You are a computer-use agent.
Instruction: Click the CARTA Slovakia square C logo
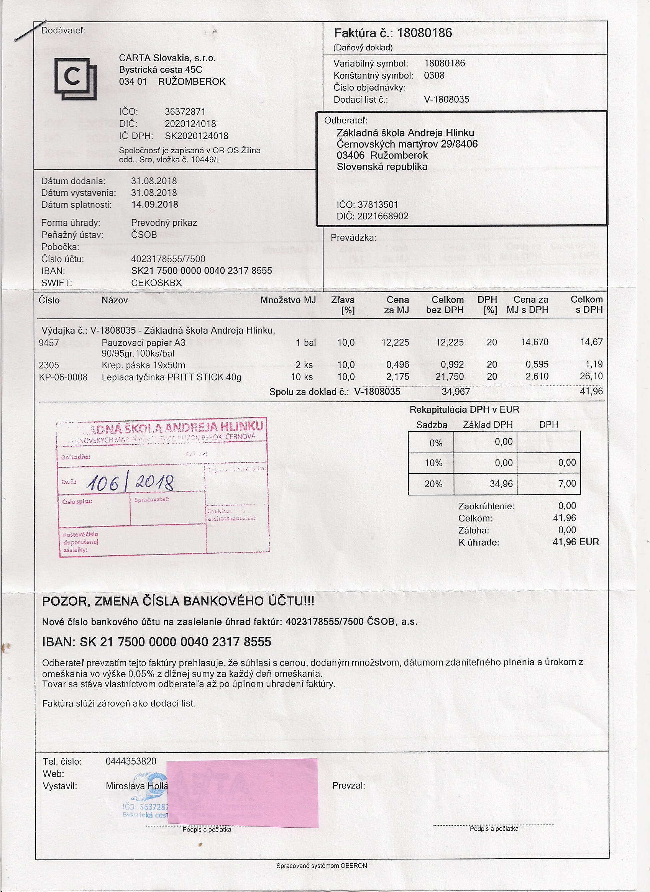(75, 79)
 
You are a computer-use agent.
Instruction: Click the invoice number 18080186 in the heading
(425, 33)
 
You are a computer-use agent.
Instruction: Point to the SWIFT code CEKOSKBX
(156, 283)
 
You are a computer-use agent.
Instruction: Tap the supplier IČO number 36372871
(185, 112)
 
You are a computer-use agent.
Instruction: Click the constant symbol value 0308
(434, 75)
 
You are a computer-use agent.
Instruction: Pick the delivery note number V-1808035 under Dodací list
(446, 100)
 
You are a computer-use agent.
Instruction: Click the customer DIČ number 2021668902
(383, 216)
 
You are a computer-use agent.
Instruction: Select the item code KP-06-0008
(63, 377)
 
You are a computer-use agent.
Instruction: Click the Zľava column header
(343, 300)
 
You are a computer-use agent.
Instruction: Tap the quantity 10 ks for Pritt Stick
(302, 377)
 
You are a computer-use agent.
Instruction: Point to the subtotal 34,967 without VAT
(456, 392)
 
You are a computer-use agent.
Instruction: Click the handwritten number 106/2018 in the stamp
(130, 482)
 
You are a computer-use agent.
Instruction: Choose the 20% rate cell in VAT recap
(433, 484)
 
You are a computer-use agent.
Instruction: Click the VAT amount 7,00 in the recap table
(567, 484)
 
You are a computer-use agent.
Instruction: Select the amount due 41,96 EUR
(576, 542)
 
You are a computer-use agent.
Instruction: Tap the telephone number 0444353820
(131, 761)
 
